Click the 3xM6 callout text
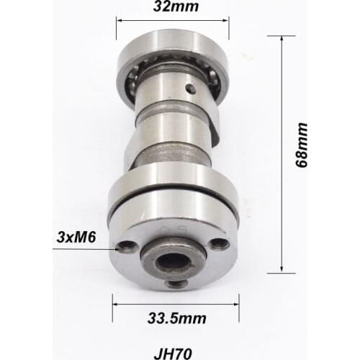74,236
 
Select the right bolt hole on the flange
220,244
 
